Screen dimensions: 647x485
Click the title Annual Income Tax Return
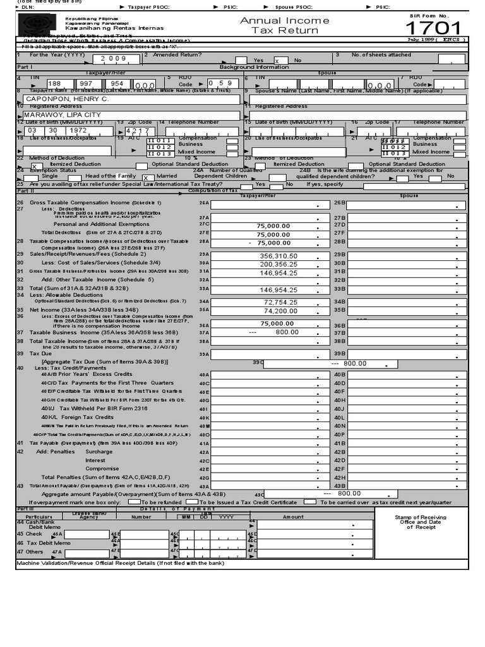tap(285, 25)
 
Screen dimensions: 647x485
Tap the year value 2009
tap(109, 58)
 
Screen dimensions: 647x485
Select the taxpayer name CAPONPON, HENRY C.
tap(67, 99)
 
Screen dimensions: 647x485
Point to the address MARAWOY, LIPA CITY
tap(62, 115)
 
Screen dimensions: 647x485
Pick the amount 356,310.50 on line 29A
tap(278, 256)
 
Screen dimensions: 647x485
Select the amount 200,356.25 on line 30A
tap(278, 264)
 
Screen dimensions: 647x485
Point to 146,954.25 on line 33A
tap(278, 289)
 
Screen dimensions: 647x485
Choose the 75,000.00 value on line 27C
tap(273, 225)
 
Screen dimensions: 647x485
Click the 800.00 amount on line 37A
tap(286, 332)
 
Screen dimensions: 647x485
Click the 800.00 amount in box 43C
tap(349, 493)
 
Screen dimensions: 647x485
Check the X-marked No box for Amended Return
tap(277, 61)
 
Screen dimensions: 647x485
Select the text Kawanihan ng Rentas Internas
tap(114, 28)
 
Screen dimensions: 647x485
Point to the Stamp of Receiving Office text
tap(421, 522)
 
